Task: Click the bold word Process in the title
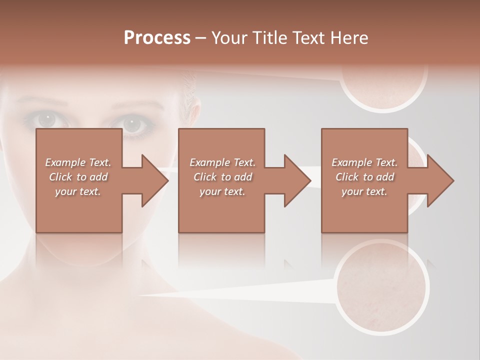pos(157,38)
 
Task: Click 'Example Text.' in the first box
pos(78,162)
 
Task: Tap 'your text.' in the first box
pos(78,191)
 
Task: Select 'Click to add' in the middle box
pos(222,177)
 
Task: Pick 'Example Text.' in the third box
pos(364,162)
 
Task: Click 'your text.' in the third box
pos(364,191)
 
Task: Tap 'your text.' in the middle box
pos(222,191)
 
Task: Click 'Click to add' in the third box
pos(364,177)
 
